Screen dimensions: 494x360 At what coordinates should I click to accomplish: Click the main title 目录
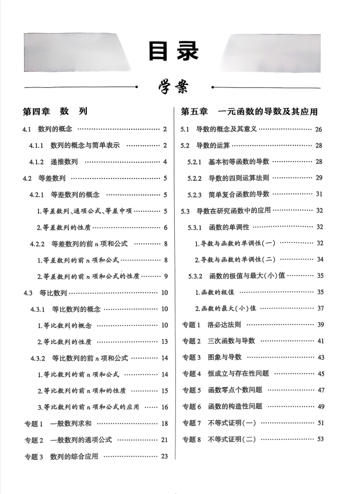pyautogui.click(x=174, y=50)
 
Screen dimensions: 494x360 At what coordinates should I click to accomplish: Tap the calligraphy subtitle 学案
pyautogui.click(x=174, y=87)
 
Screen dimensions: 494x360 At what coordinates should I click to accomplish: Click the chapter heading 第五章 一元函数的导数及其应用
pyautogui.click(x=249, y=111)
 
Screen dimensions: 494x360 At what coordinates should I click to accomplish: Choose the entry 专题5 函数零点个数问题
pyautogui.click(x=222, y=390)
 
